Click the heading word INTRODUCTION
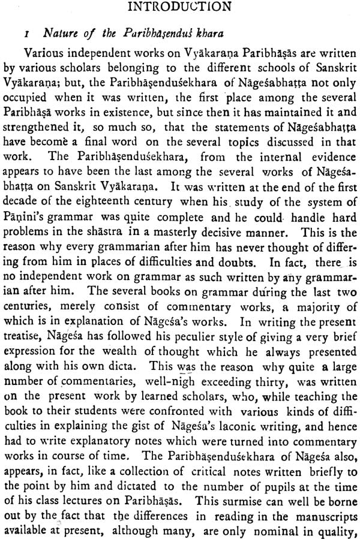[x=179, y=7]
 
